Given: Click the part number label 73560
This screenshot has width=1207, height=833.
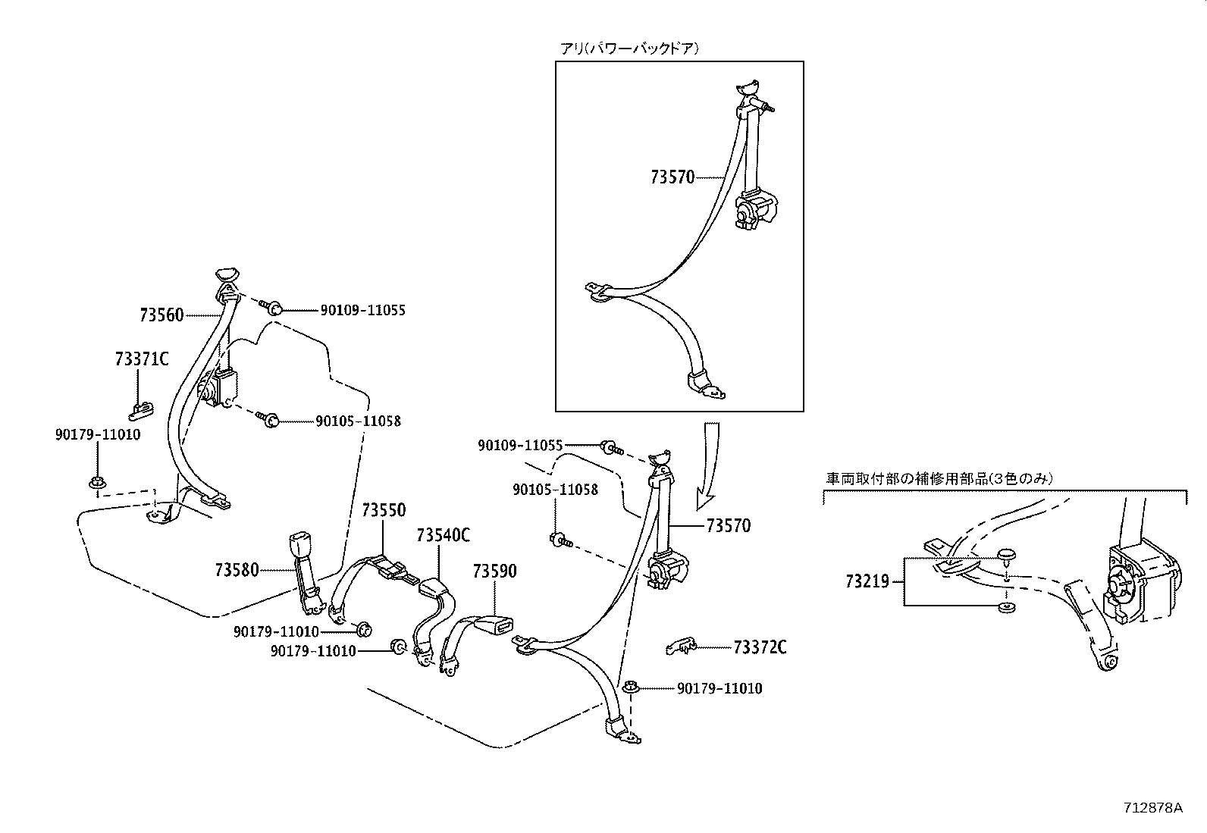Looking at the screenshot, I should pyautogui.click(x=161, y=315).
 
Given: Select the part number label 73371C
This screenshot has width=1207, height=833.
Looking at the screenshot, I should pyautogui.click(x=142, y=359).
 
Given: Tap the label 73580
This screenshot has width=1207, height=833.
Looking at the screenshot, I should pyautogui.click(x=237, y=569).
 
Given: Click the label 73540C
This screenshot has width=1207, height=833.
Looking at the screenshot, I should pyautogui.click(x=443, y=535).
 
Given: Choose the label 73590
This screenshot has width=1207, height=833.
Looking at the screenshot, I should pyautogui.click(x=494, y=571).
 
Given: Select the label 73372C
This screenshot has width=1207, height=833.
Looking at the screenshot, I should pyautogui.click(x=760, y=647).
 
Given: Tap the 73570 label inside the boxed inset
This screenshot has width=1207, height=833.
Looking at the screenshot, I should pyautogui.click(x=672, y=177).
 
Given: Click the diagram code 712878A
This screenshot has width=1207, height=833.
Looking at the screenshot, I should pyautogui.click(x=1152, y=806).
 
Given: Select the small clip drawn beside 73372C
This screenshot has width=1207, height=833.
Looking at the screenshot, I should pyautogui.click(x=680, y=646).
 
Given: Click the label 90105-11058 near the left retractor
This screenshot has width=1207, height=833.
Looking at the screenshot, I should pyautogui.click(x=358, y=421).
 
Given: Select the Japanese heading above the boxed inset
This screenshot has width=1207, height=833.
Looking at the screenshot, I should pyautogui.click(x=629, y=49).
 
